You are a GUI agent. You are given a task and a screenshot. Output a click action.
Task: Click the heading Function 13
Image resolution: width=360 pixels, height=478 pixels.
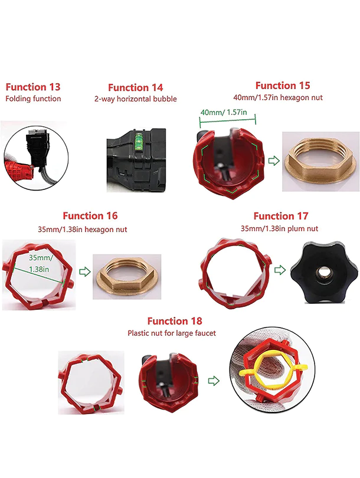coord(33,87)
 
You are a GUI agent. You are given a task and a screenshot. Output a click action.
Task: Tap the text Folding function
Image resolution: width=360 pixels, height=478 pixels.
coord(33,99)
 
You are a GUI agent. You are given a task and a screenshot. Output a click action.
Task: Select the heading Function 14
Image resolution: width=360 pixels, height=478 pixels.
coord(135,88)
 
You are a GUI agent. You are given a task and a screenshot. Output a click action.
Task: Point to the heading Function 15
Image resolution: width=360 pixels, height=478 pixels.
coord(283,86)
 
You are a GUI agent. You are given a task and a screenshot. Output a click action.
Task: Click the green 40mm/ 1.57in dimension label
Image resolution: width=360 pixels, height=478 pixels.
coord(224,112)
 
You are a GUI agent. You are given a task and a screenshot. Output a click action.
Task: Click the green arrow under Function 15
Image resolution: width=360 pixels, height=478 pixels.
coord(274,161)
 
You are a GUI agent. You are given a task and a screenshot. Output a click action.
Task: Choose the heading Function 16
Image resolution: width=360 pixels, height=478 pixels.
coord(90,216)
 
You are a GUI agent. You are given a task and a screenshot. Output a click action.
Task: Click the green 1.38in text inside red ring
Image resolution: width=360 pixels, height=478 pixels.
coord(39,270)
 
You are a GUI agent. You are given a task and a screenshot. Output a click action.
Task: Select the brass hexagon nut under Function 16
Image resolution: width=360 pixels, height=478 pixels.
coord(127,277)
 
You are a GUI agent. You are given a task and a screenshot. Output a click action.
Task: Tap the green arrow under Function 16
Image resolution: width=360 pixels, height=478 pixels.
coord(85,271)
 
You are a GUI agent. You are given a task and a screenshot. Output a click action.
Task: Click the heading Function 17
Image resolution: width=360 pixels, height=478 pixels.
coord(281,216)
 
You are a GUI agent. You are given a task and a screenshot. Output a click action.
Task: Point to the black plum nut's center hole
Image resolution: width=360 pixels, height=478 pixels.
coord(320,271)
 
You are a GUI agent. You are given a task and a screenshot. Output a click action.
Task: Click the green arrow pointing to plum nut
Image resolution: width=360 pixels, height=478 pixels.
coord(280,270)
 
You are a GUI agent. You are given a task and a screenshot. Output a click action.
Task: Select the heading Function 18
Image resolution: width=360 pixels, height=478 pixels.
coord(175,321)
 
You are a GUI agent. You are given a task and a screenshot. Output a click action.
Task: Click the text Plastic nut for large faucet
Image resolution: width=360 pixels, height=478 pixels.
coord(172,333)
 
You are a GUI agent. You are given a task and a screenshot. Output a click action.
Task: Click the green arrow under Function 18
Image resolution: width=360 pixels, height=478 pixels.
coord(214,381)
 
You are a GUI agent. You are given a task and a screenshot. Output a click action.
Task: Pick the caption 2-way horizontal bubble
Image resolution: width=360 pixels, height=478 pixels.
coord(135,99)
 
